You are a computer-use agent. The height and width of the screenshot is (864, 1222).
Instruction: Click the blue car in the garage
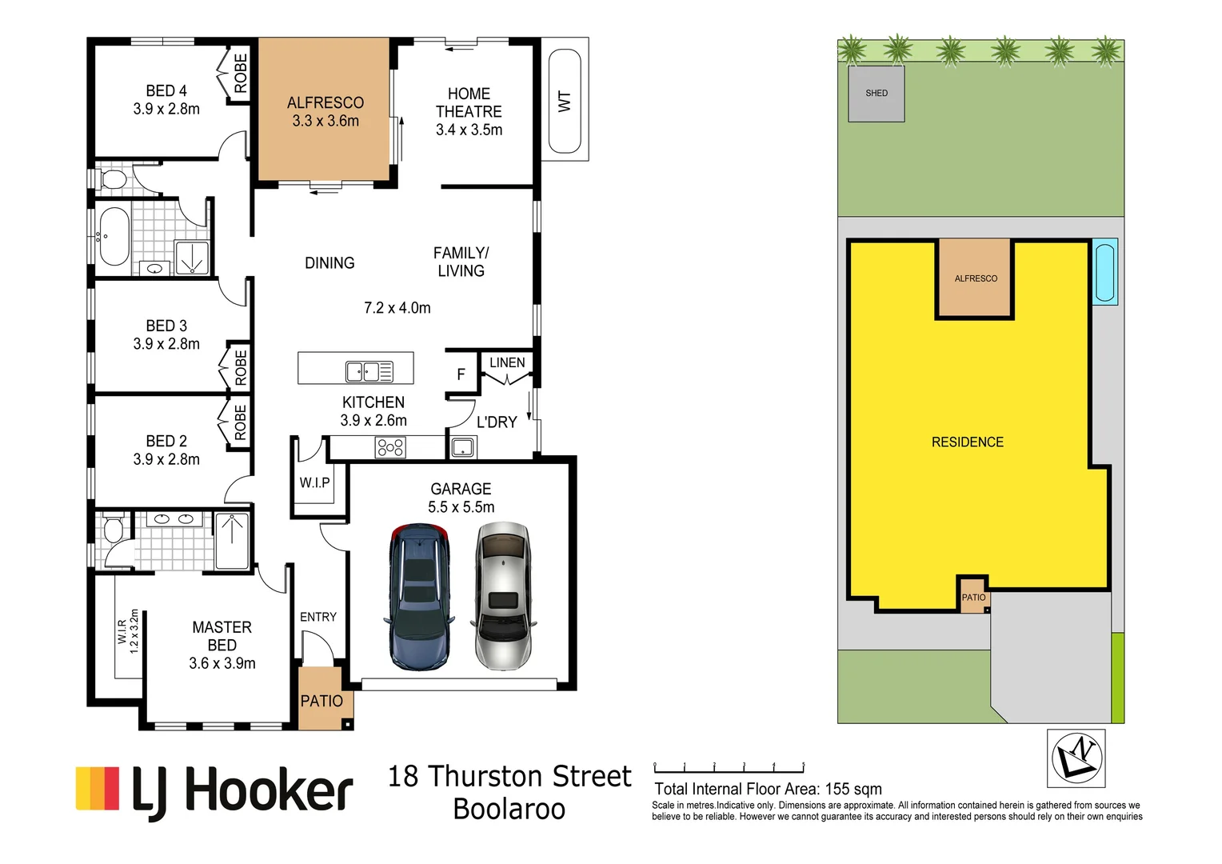pos(419,596)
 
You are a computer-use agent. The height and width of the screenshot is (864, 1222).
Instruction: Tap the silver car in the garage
pos(503,596)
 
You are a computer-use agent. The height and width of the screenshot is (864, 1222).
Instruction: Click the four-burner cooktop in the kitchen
pos(390,447)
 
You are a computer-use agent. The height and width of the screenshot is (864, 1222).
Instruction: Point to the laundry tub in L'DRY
pos(463,447)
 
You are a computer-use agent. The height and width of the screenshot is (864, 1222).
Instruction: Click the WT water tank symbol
pos(565,101)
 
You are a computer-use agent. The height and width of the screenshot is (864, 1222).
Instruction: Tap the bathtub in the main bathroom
pos(113,237)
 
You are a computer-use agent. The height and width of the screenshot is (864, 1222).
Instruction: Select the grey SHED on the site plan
pos(876,94)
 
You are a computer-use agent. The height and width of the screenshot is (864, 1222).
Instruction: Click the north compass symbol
pos(1076,758)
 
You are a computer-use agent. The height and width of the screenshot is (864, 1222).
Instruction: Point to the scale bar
pos(729,769)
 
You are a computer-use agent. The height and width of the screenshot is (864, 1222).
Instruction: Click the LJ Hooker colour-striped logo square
pos(98,788)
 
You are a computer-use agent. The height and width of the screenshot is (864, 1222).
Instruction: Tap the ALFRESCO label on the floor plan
pos(325,102)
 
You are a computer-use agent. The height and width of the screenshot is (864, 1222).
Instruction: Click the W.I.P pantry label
pos(314,482)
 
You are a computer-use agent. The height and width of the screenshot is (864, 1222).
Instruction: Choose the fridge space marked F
pos(461,374)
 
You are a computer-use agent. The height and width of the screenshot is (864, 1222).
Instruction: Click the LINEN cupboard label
pos(507,362)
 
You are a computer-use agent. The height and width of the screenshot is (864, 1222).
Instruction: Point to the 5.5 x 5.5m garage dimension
pos(461,507)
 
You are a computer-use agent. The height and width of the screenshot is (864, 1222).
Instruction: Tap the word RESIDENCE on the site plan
pos(967,442)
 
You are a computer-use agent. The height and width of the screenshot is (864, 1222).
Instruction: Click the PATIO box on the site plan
pos(974,597)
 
